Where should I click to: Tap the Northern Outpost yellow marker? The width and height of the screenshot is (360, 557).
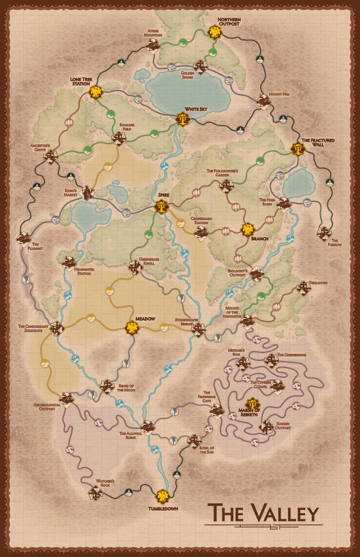point(214,32)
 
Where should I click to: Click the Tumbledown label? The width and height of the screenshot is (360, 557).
point(163,509)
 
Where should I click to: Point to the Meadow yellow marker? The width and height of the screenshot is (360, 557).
point(132,327)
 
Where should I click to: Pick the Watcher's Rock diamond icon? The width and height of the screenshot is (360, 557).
point(95,493)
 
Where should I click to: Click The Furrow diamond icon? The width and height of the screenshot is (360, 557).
point(324,233)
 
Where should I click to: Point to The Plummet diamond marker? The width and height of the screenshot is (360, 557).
point(23,238)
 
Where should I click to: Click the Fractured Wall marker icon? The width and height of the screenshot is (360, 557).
point(297,149)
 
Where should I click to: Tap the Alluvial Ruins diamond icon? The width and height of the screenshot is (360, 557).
point(147,427)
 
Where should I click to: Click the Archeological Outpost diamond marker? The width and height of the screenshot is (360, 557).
point(66,399)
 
